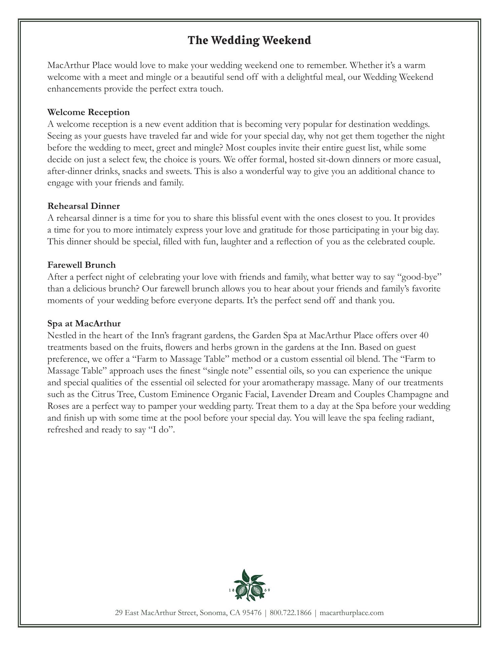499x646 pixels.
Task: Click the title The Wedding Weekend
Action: click(x=249, y=40)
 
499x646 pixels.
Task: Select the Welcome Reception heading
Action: click(x=88, y=112)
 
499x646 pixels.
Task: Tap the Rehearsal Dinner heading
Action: click(x=83, y=206)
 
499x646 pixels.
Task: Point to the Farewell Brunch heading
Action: click(x=81, y=265)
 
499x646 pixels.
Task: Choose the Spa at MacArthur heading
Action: click(x=84, y=324)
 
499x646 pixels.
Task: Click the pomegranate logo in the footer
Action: click(x=249, y=585)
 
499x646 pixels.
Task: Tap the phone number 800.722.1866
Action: click(x=291, y=613)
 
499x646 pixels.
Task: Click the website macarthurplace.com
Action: click(x=351, y=613)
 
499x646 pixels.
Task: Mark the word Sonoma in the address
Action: click(x=213, y=613)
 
